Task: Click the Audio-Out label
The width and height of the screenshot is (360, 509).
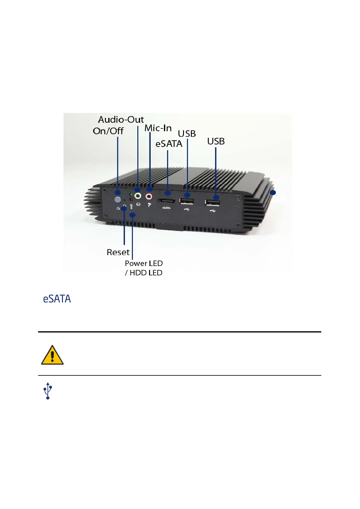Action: pyautogui.click(x=121, y=120)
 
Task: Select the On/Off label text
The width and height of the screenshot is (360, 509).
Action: pyautogui.click(x=108, y=131)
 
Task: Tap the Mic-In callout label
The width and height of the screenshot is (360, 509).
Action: pyautogui.click(x=158, y=128)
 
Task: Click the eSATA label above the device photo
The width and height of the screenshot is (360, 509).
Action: pyautogui.click(x=169, y=144)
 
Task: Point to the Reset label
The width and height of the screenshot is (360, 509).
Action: pyautogui.click(x=118, y=252)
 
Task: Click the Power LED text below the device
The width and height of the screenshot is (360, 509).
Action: pyautogui.click(x=144, y=264)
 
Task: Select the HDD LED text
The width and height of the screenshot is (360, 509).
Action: pyautogui.click(x=146, y=273)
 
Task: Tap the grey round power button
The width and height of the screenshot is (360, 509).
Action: pyautogui.click(x=118, y=199)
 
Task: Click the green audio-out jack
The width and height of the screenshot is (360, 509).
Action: pyautogui.click(x=138, y=196)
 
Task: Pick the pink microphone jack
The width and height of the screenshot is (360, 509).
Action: pyautogui.click(x=149, y=196)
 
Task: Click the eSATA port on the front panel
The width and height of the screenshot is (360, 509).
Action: pyautogui.click(x=166, y=201)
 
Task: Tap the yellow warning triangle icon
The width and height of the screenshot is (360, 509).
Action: pyautogui.click(x=52, y=355)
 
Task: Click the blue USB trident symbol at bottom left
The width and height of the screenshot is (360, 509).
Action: pyautogui.click(x=48, y=391)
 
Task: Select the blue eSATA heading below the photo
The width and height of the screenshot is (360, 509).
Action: pyautogui.click(x=57, y=299)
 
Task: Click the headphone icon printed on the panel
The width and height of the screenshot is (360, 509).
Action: pyautogui.click(x=138, y=205)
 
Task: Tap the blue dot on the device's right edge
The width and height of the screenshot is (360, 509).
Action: pyautogui.click(x=273, y=193)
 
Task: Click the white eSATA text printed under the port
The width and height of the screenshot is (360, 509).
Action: pyautogui.click(x=166, y=208)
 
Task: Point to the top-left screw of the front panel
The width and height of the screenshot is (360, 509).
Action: pyautogui.click(x=104, y=190)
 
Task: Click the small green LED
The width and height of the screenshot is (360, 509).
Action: pyautogui.click(x=131, y=195)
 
